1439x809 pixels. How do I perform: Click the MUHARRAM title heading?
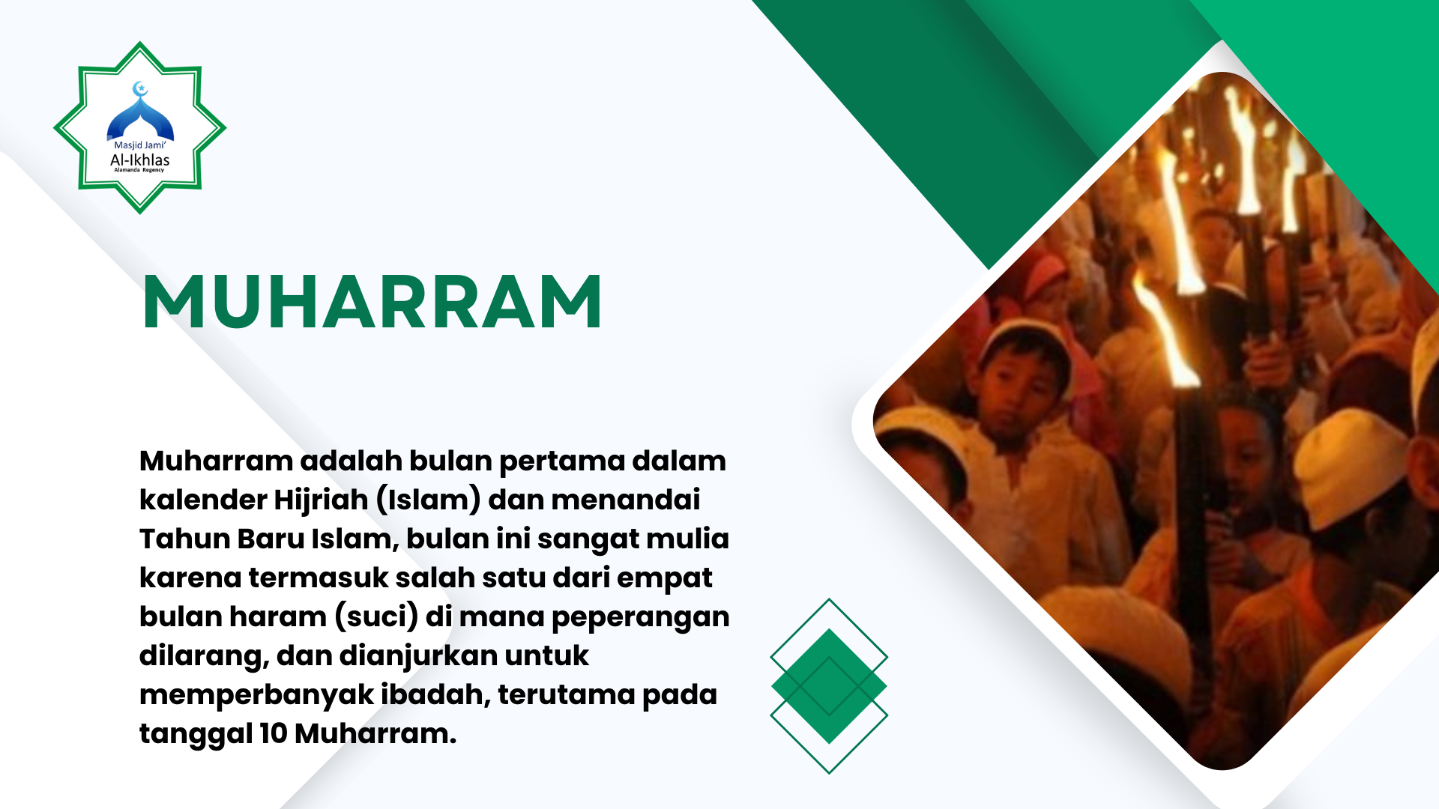[x=372, y=301]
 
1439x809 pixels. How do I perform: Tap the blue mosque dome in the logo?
[x=140, y=120]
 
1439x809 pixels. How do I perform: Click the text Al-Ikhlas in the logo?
[x=140, y=160]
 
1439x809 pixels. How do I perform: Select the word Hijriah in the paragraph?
[x=321, y=500]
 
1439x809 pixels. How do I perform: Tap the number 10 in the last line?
[x=274, y=733]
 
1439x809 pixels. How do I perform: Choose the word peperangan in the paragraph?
[x=640, y=617]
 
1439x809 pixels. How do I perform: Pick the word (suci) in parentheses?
[x=376, y=616]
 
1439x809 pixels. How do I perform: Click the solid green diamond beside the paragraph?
[x=829, y=685]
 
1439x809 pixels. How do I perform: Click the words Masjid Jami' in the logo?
[x=140, y=145]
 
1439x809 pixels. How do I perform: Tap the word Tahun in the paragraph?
[x=184, y=539]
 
